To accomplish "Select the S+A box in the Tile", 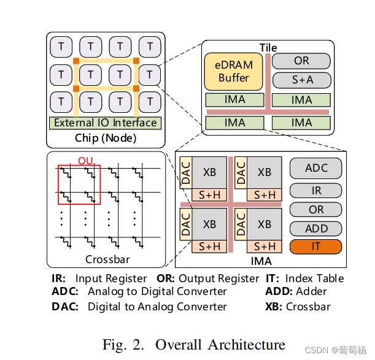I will click(301, 80).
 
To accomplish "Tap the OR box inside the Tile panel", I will click(301, 61).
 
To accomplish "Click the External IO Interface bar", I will click(106, 123).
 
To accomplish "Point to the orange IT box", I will click(316, 247).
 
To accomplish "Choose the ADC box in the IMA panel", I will click(316, 168).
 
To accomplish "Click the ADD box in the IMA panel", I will click(316, 228).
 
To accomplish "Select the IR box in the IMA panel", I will click(316, 191).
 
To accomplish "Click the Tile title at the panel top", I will click(268, 47).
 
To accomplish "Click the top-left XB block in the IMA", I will click(209, 172).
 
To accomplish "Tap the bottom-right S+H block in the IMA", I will click(265, 246).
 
